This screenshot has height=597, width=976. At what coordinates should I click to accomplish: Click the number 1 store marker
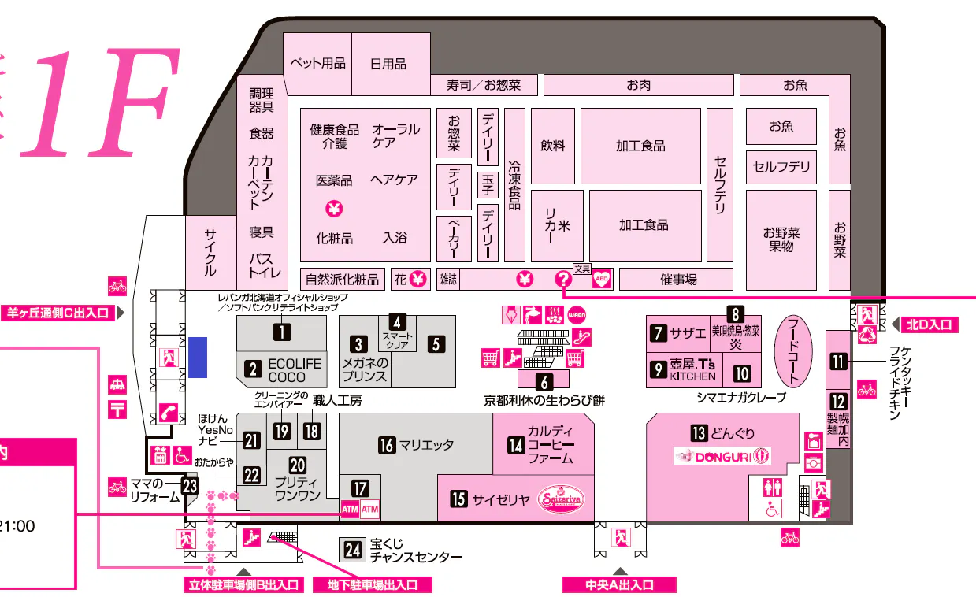pos(278,332)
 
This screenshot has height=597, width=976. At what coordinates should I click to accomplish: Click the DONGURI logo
pos(722,455)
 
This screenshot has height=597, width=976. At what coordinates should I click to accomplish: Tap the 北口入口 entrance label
pos(930,324)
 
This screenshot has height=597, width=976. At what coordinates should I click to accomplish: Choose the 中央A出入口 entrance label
pos(619,585)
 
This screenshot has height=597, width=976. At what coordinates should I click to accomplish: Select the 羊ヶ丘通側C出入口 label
pos(58,313)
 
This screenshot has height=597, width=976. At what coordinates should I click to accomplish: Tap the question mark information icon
pos(563,279)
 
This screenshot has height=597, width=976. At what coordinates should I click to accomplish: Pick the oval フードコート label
pos(793,350)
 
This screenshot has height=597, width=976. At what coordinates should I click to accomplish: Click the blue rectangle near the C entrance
pos(197,357)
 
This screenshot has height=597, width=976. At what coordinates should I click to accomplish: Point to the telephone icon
pos(168,412)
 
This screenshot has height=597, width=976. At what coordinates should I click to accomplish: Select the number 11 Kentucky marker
pos(838,362)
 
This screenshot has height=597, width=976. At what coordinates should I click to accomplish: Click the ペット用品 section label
pos(317,64)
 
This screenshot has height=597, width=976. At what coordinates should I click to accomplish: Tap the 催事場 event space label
pos(678,279)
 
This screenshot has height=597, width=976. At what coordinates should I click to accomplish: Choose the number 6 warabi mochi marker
pos(543,382)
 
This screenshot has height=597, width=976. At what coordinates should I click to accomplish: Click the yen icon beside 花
pos(418,279)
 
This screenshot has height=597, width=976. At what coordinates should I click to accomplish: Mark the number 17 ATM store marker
pos(360,488)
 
